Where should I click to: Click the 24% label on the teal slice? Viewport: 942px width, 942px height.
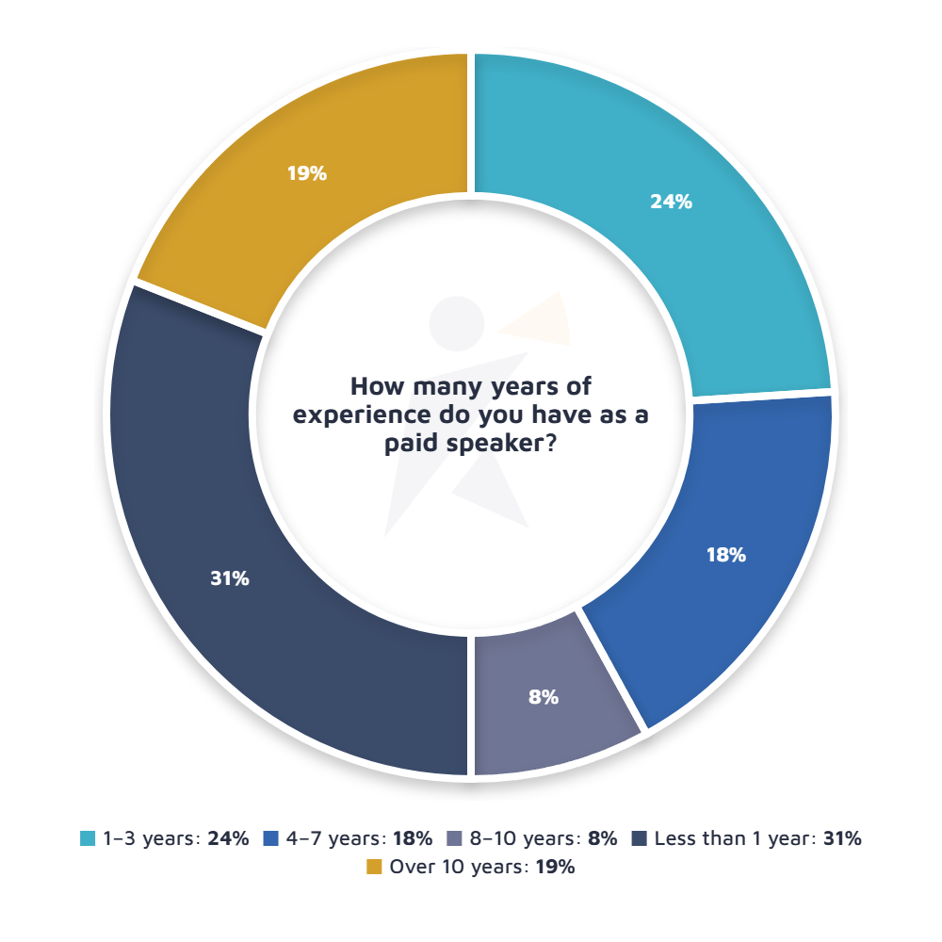click(x=672, y=202)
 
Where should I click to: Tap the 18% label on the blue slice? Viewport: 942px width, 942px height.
click(x=726, y=556)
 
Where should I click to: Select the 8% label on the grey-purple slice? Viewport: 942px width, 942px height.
click(x=544, y=698)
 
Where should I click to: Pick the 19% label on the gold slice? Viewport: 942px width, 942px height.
click(x=307, y=173)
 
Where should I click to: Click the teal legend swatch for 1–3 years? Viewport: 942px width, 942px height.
click(x=88, y=837)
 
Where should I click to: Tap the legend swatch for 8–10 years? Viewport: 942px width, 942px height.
click(x=456, y=837)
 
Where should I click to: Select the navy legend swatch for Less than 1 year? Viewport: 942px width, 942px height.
click(x=639, y=837)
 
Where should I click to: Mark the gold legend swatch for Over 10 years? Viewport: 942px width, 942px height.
click(x=374, y=868)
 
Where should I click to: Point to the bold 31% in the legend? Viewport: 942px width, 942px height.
click(x=842, y=837)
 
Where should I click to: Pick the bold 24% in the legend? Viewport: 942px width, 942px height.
click(x=229, y=837)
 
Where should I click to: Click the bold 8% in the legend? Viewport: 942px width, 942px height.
click(x=602, y=837)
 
